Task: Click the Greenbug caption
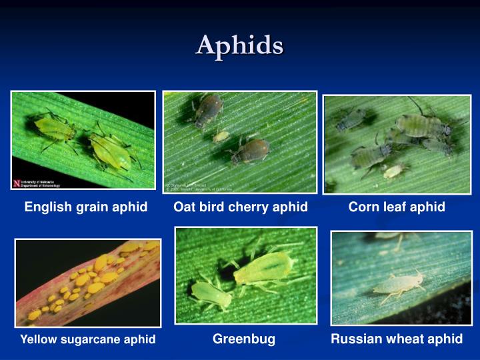click(244, 339)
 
